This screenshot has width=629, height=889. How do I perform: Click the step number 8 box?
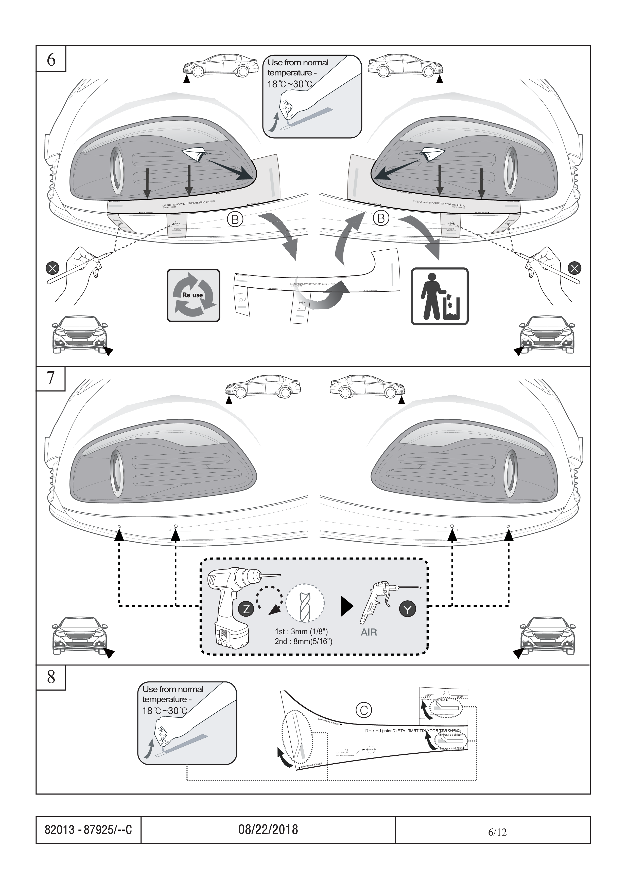pos(51,677)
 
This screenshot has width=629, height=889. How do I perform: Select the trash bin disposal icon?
pos(440,296)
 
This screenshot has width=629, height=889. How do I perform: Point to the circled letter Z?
pos(246,609)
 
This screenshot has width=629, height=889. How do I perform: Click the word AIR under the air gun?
pos(369,632)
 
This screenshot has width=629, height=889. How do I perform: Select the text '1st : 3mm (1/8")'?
pos(301,632)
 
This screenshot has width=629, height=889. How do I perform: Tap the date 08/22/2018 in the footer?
pos(268,829)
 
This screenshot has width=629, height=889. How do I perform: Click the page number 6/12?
pos(497,832)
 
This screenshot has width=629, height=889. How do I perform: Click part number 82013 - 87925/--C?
pos(88,829)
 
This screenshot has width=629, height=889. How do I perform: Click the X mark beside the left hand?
pos(52,268)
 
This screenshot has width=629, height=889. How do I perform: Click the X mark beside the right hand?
pos(574,268)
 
